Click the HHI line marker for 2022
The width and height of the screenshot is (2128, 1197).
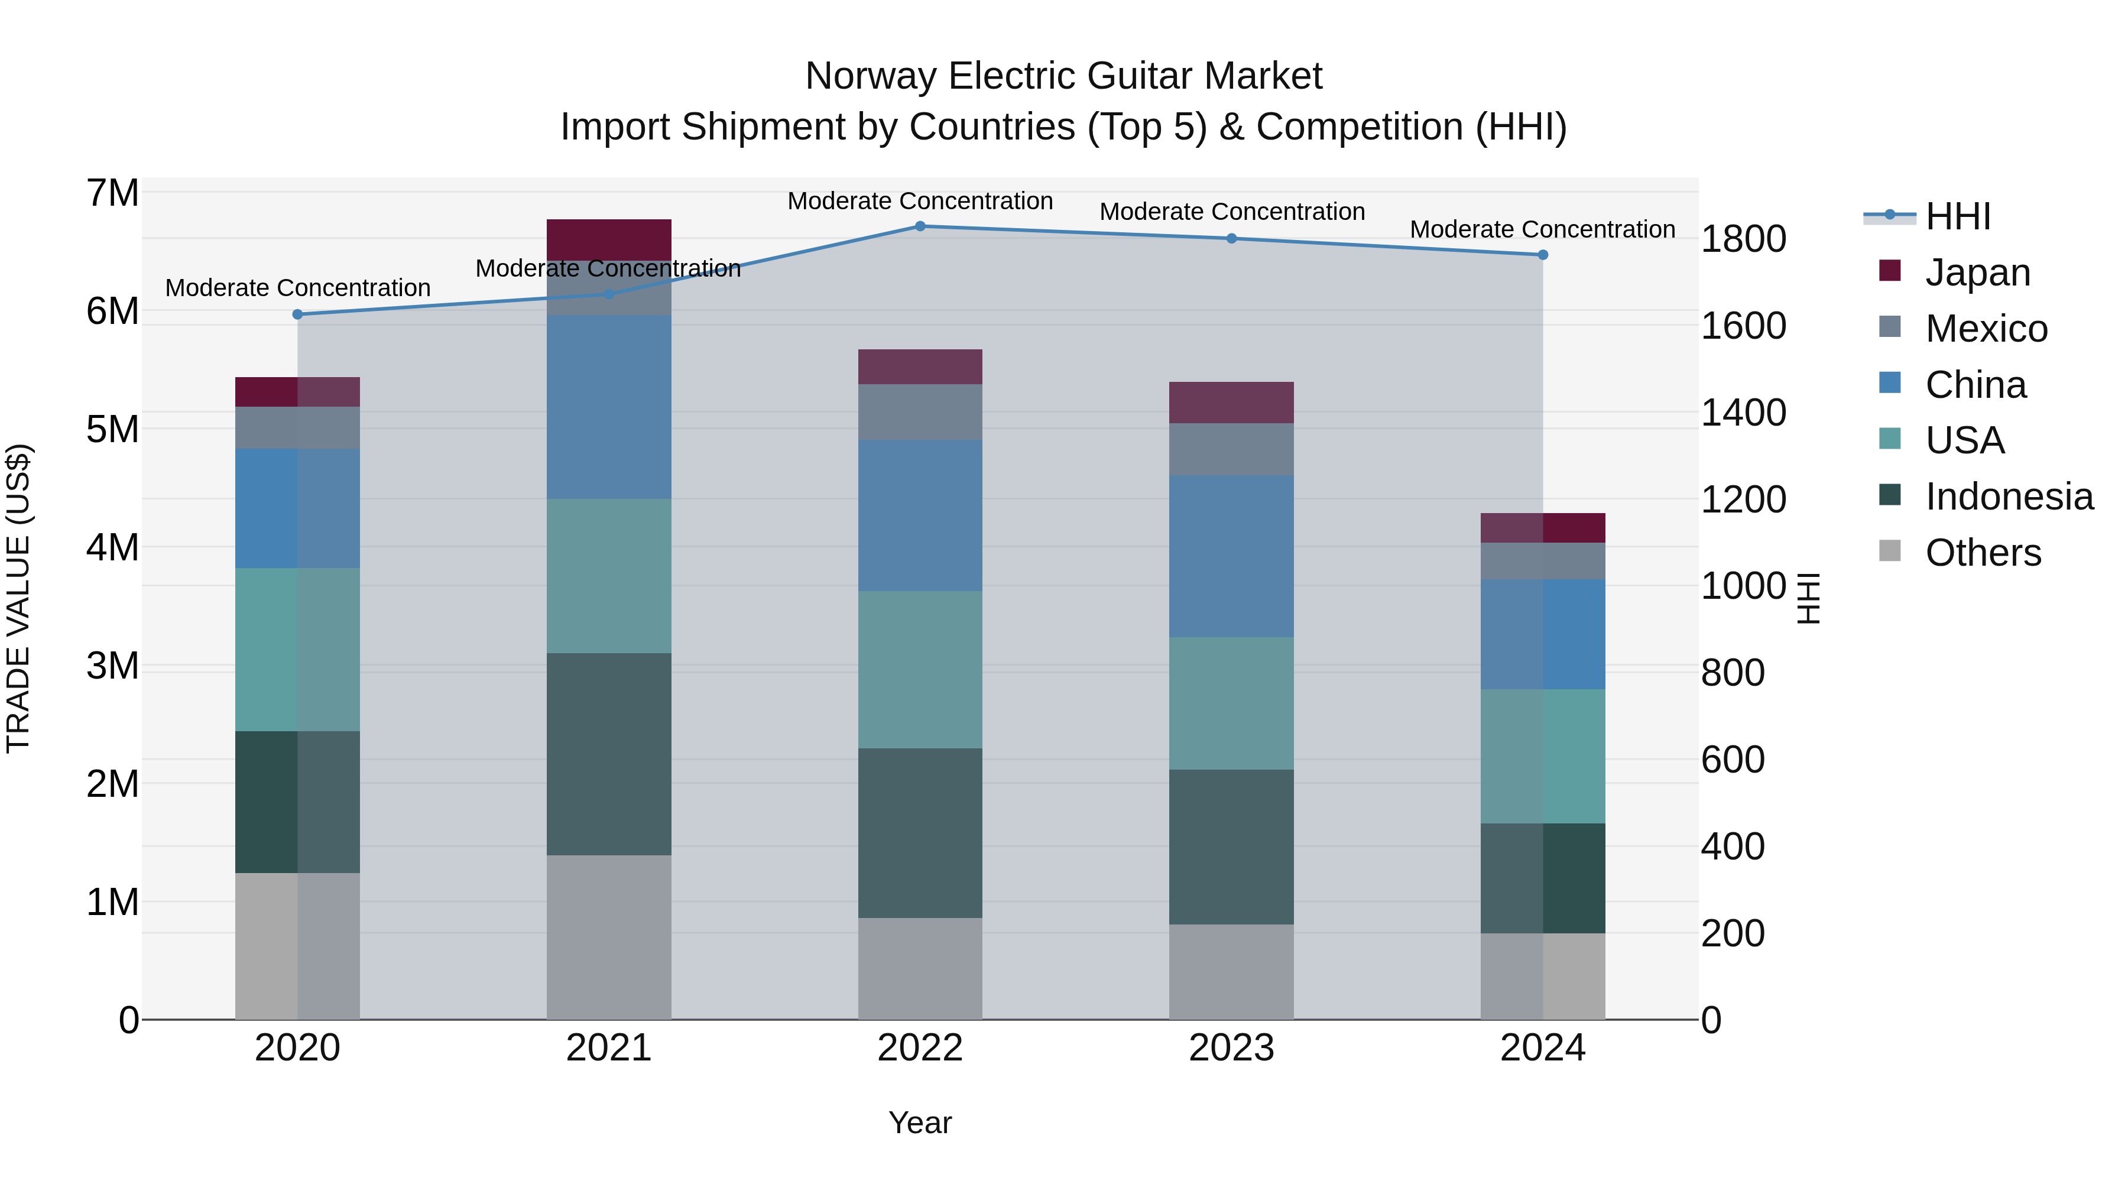920,226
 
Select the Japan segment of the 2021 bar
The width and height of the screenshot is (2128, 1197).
609,239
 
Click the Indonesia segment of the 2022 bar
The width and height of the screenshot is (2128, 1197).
920,833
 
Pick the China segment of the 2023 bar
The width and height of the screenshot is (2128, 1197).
1231,556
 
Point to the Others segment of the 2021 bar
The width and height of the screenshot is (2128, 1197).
609,937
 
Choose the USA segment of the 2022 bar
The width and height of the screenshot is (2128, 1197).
920,669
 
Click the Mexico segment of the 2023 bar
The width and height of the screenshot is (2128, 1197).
1231,449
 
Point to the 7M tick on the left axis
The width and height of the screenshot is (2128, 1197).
112,193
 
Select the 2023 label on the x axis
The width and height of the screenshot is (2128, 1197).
1231,1048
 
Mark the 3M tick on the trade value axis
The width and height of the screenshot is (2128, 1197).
112,666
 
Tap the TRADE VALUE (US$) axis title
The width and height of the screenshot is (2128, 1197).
18,598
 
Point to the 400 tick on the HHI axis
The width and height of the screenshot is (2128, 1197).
1733,846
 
